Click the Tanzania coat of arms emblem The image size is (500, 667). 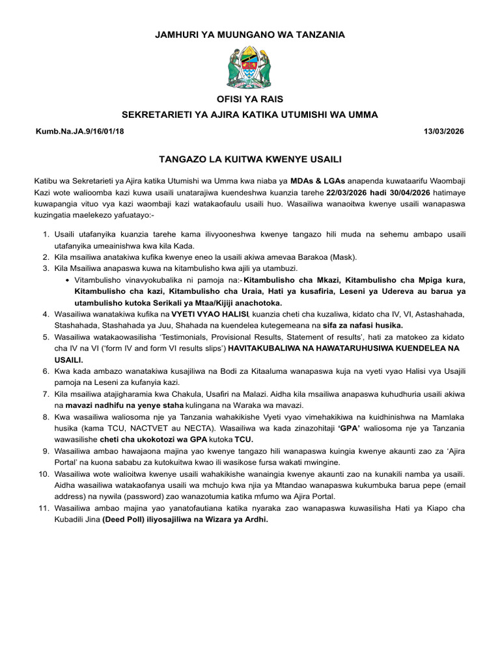click(250, 68)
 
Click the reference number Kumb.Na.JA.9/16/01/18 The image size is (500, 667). click(79, 132)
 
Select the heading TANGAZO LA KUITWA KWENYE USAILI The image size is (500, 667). click(250, 158)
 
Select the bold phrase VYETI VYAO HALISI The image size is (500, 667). click(202, 314)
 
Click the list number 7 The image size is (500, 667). click(47, 394)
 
